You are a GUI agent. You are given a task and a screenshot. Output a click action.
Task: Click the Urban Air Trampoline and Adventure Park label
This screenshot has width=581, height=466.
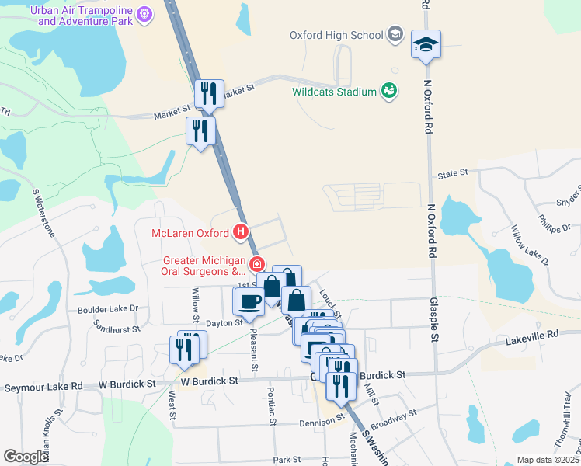click(x=82, y=15)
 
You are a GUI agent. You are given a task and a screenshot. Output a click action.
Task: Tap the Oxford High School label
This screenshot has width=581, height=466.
click(x=336, y=35)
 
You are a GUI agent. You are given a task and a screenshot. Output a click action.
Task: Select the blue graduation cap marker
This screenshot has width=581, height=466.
click(x=426, y=45)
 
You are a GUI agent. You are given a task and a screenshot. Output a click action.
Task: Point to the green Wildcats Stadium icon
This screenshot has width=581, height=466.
click(x=389, y=92)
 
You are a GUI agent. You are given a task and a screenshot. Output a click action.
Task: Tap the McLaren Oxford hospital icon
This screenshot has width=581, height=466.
click(x=242, y=232)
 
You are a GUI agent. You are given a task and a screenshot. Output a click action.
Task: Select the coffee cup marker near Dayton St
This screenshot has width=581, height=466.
click(x=249, y=301)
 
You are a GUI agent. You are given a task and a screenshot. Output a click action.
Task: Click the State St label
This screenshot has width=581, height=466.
click(x=453, y=172)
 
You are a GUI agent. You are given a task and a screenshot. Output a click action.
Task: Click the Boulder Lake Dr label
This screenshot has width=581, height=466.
click(x=108, y=308)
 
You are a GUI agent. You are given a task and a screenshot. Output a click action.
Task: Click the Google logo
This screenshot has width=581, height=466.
click(x=26, y=457)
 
